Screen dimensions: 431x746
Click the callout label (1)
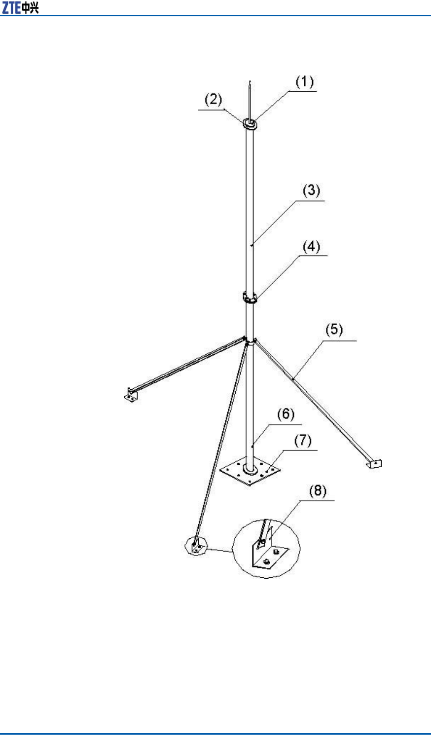[304, 82]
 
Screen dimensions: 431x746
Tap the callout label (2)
[213, 100]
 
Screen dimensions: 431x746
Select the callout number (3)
[311, 190]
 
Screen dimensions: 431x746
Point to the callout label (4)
[311, 246]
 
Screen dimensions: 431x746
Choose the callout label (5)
[334, 330]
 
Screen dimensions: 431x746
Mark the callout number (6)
[286, 414]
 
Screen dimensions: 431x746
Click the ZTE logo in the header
[11, 8]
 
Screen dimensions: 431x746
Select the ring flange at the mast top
[251, 124]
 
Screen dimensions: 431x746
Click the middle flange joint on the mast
[251, 298]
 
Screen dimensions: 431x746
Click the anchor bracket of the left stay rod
[131, 395]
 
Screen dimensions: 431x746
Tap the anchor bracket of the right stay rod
[374, 463]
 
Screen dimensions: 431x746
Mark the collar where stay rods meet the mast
[251, 340]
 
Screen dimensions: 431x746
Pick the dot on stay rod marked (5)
[293, 378]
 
